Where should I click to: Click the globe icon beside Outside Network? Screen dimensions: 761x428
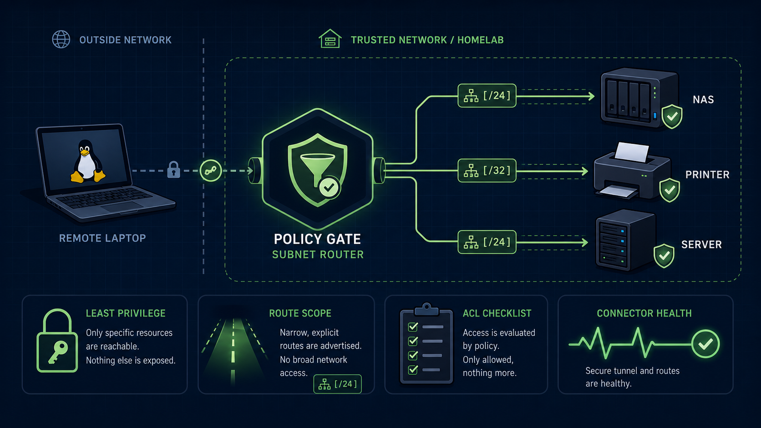61,40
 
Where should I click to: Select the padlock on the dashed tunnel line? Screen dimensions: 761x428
173,170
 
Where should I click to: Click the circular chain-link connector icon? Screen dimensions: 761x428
211,171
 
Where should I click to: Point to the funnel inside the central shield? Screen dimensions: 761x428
317,167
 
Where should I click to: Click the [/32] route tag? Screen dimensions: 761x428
487,171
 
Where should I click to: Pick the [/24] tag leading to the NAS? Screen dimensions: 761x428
487,96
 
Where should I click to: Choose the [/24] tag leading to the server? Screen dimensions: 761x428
487,242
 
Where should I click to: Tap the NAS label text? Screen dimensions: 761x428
703,100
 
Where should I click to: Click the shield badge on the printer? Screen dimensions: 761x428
669,190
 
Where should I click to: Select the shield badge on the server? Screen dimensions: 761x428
664,256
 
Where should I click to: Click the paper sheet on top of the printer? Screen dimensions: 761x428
632,152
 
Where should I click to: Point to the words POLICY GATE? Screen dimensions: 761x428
317,239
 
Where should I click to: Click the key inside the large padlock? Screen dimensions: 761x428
58,352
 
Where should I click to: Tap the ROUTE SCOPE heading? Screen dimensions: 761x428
300,313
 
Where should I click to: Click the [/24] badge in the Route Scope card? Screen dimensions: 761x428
337,384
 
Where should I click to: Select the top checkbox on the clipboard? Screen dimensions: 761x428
413,327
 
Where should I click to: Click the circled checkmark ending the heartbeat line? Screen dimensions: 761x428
705,344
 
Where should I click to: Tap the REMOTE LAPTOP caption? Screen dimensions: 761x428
102,238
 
